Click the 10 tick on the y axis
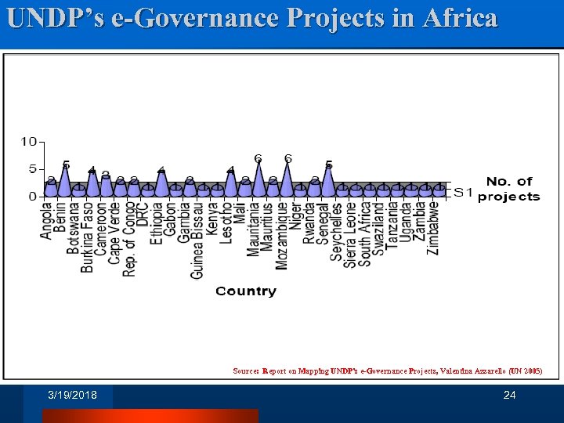[28, 142]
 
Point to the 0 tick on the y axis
[32, 197]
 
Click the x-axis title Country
[246, 291]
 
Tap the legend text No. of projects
[508, 189]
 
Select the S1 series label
[464, 192]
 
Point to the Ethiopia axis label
[157, 224]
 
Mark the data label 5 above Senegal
[328, 165]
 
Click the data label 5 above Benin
[66, 164]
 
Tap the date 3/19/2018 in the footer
[72, 396]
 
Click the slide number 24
[509, 396]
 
